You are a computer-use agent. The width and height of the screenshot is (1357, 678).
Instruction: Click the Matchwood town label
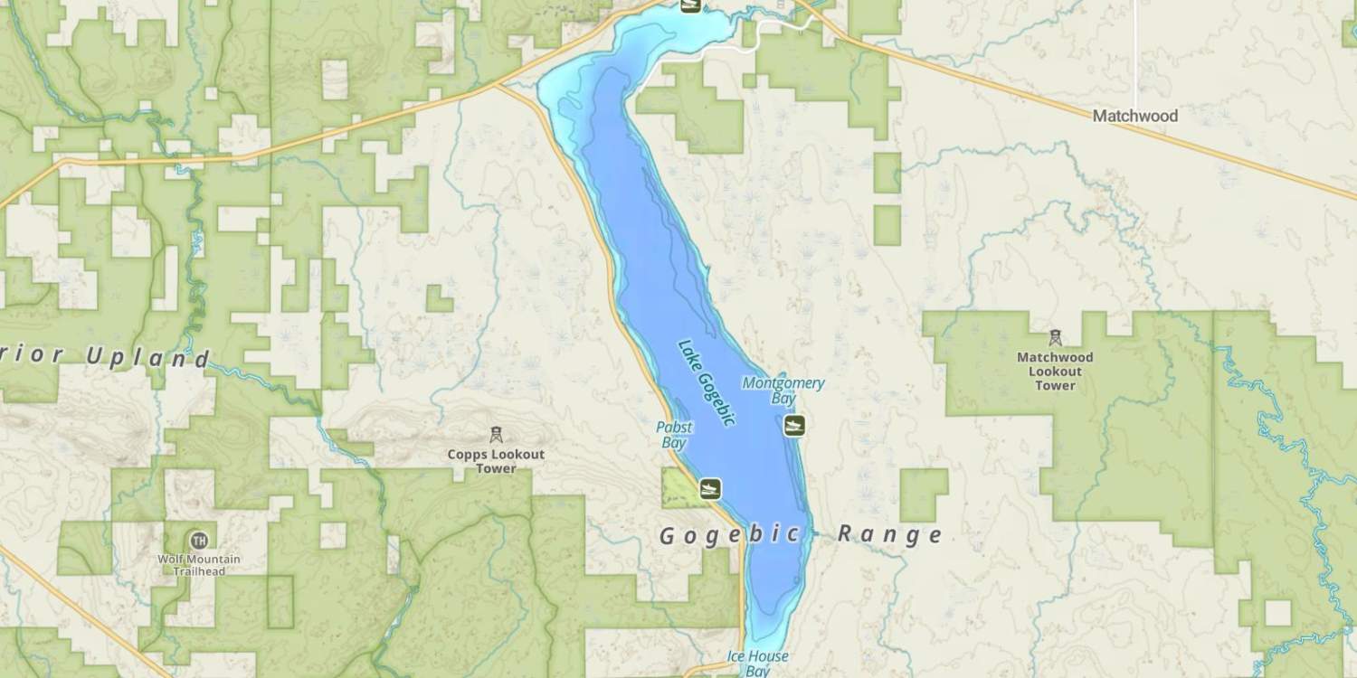[x=1134, y=116]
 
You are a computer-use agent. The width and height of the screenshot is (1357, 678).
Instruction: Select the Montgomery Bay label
[x=783, y=391]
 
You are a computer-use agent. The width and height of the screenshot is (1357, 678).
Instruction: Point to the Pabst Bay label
[x=674, y=435]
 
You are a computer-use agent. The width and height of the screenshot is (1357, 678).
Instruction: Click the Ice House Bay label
[x=758, y=663]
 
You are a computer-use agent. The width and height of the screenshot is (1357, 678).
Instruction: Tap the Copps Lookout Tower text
[x=496, y=461]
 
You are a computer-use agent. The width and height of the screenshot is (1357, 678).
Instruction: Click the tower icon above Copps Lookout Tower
[x=495, y=435]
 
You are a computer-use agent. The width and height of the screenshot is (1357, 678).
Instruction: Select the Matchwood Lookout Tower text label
[x=1055, y=371]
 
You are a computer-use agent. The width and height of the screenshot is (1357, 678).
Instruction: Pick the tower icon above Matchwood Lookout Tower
[x=1055, y=337]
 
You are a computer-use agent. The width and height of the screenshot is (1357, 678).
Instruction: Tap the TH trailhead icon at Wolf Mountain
[x=199, y=541]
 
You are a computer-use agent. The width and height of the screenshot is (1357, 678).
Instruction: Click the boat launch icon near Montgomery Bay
[x=794, y=425]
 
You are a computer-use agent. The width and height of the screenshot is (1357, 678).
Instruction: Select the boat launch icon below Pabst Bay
[x=710, y=488]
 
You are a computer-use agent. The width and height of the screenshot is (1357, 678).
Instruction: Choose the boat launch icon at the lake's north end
[x=691, y=5]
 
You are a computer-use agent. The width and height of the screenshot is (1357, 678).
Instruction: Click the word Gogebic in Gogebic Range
[x=730, y=535]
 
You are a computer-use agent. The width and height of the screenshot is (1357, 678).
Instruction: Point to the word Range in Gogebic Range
[x=890, y=534]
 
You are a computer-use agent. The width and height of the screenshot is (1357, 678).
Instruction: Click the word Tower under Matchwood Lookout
[x=1055, y=385]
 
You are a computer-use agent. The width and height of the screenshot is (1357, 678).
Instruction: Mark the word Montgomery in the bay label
[x=783, y=383]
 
